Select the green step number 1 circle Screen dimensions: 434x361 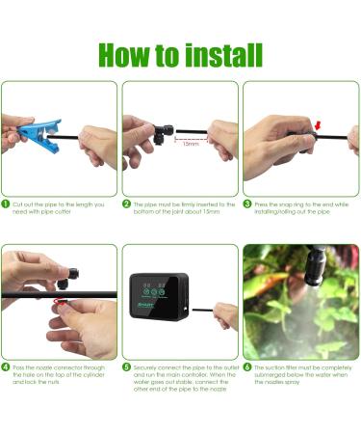pyautogui.click(x=7, y=204)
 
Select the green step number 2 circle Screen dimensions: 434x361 pyautogui.click(x=127, y=204)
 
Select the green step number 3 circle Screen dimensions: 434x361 pyautogui.click(x=247, y=204)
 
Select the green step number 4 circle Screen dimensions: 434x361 pyautogui.click(x=7, y=367)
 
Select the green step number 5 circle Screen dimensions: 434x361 pyautogui.click(x=127, y=367)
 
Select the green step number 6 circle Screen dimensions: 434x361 pyautogui.click(x=247, y=367)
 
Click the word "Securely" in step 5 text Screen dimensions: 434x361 pyautogui.click(x=148, y=367)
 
